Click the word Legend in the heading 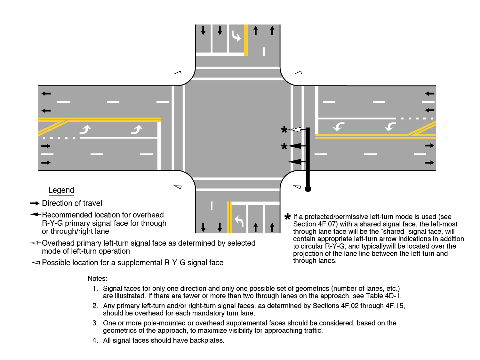tap(61, 190)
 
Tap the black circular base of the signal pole tap(308, 189)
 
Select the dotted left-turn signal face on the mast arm tap(296, 130)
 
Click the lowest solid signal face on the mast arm tap(295, 162)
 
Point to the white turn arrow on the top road tap(236, 36)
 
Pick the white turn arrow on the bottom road tap(239, 221)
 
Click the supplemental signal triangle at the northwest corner tap(178, 73)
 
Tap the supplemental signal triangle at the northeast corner tap(298, 73)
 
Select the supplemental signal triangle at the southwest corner tap(178, 187)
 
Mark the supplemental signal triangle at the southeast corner tap(297, 187)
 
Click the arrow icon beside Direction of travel tap(35, 203)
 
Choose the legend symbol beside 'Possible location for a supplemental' tap(36, 263)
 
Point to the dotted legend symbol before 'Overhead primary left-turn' tap(35, 243)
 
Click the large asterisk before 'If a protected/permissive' tap(287, 217)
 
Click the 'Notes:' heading tap(98, 279)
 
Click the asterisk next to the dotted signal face tap(284, 130)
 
